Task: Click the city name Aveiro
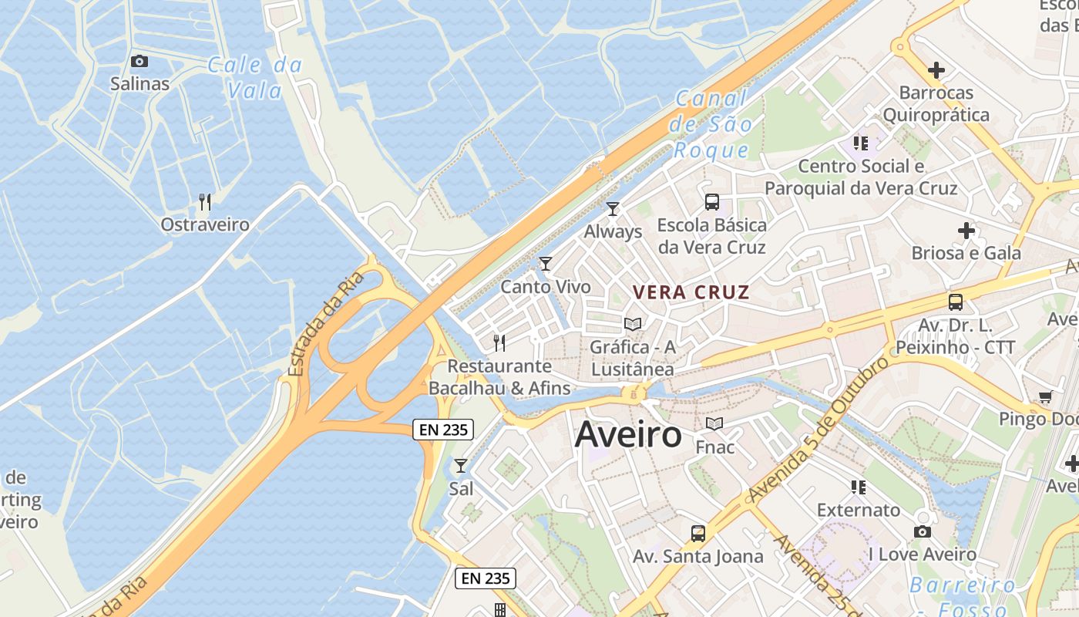pyautogui.click(x=628, y=435)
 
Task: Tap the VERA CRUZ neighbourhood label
pyautogui.click(x=691, y=292)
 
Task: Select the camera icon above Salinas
pyautogui.click(x=139, y=61)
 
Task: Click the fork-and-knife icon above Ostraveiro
pyautogui.click(x=205, y=202)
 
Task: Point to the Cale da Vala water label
pyautogui.click(x=254, y=77)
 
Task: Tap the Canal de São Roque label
pyautogui.click(x=711, y=123)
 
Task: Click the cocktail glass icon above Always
pyautogui.click(x=613, y=208)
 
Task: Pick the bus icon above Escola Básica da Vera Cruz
pyautogui.click(x=712, y=202)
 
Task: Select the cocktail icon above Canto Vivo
pyautogui.click(x=546, y=264)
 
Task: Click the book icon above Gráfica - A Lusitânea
pyautogui.click(x=633, y=324)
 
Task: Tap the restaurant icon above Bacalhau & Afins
pyautogui.click(x=499, y=342)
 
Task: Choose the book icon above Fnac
pyautogui.click(x=714, y=424)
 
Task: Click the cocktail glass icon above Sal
pyautogui.click(x=461, y=465)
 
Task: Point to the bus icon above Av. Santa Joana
pyautogui.click(x=698, y=533)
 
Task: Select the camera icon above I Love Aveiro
pyautogui.click(x=922, y=531)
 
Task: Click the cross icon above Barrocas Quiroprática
pyautogui.click(x=936, y=70)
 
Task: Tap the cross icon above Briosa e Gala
pyautogui.click(x=966, y=230)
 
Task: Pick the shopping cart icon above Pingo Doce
pyautogui.click(x=1046, y=397)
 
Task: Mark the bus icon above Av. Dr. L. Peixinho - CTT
pyautogui.click(x=956, y=302)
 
